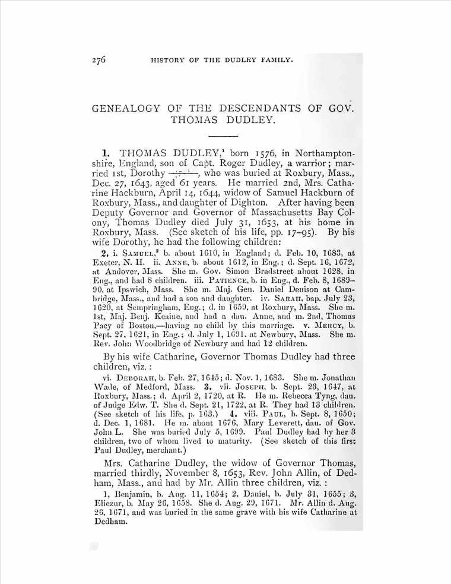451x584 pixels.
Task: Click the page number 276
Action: tap(99, 60)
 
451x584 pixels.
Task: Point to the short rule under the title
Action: tap(225, 136)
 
